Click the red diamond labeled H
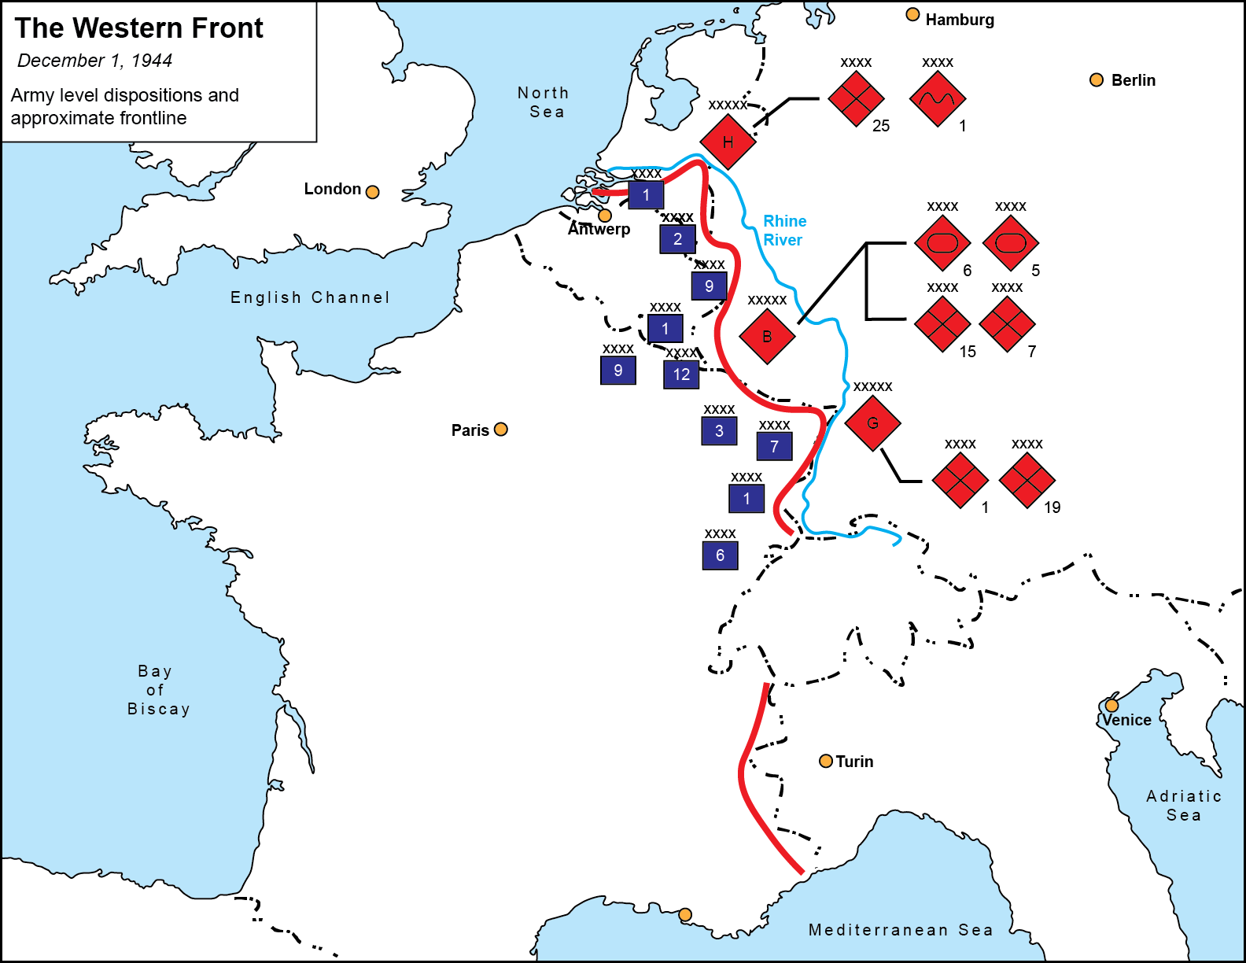728,142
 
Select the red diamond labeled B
767,337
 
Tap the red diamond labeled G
872,423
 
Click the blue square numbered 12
681,374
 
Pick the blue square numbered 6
720,555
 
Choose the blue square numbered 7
774,447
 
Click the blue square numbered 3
719,431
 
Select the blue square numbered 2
677,239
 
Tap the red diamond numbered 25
856,99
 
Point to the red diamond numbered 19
1027,480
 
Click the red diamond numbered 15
942,323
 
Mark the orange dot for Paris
501,430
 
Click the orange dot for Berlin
1097,80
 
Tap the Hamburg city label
959,20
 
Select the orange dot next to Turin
826,761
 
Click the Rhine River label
784,231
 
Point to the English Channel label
310,297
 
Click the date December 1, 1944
94,61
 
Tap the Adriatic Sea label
1183,806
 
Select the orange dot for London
373,192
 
